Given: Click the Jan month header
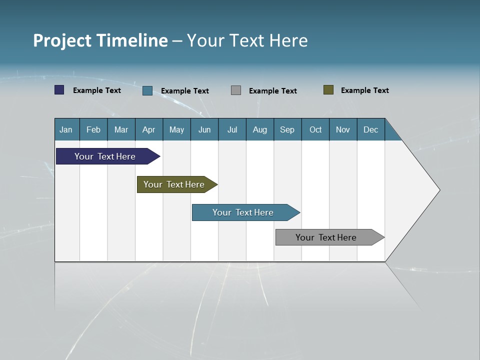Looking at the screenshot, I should click(x=66, y=129).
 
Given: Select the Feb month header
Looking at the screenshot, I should click(x=93, y=129).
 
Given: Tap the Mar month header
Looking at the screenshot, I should click(x=121, y=129).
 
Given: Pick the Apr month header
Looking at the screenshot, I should click(x=149, y=129).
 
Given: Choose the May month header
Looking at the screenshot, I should click(x=176, y=129).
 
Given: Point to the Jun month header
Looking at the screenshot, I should click(x=204, y=129).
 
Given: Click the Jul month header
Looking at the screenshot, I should click(x=232, y=129).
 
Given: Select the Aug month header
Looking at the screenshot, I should click(x=260, y=129).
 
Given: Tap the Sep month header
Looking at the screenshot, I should click(x=287, y=129).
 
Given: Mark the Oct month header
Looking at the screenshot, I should click(x=315, y=129).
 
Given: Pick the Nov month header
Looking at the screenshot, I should click(x=343, y=129).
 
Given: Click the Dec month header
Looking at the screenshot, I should click(x=371, y=129).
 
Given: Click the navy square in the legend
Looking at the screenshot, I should click(x=59, y=90).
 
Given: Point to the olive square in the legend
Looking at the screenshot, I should click(x=328, y=90).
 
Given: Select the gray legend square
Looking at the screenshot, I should click(x=236, y=90).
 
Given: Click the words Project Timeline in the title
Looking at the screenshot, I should click(x=100, y=40).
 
